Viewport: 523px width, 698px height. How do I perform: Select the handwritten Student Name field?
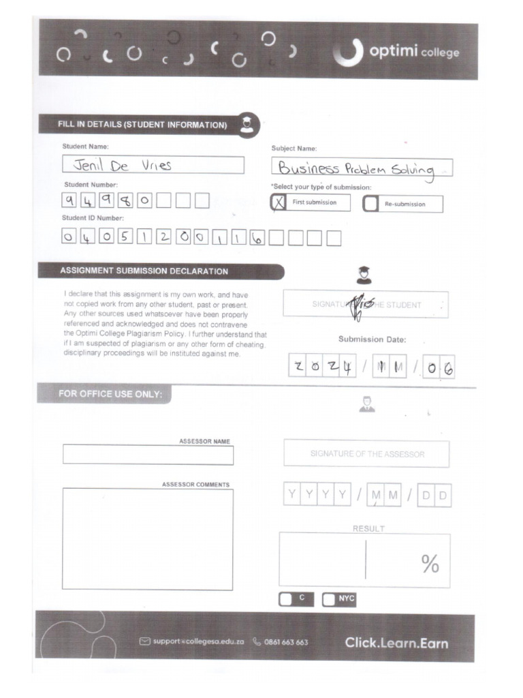click(153, 165)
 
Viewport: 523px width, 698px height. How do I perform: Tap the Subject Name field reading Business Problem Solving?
click(362, 168)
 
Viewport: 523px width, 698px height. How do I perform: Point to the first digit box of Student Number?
click(70, 201)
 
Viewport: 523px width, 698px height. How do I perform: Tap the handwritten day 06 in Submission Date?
click(439, 369)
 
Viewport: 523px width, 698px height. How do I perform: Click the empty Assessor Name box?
click(148, 455)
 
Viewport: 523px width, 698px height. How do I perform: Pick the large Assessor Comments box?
click(148, 538)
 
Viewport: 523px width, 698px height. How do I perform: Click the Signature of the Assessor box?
click(366, 454)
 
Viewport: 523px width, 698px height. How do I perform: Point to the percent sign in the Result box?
click(430, 564)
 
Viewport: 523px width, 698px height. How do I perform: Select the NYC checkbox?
click(330, 599)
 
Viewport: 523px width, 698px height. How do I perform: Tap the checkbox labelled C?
click(287, 598)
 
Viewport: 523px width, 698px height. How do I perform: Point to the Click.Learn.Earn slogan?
click(396, 642)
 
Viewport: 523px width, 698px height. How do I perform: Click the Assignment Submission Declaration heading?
click(144, 271)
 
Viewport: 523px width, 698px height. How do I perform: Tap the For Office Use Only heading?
click(110, 395)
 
